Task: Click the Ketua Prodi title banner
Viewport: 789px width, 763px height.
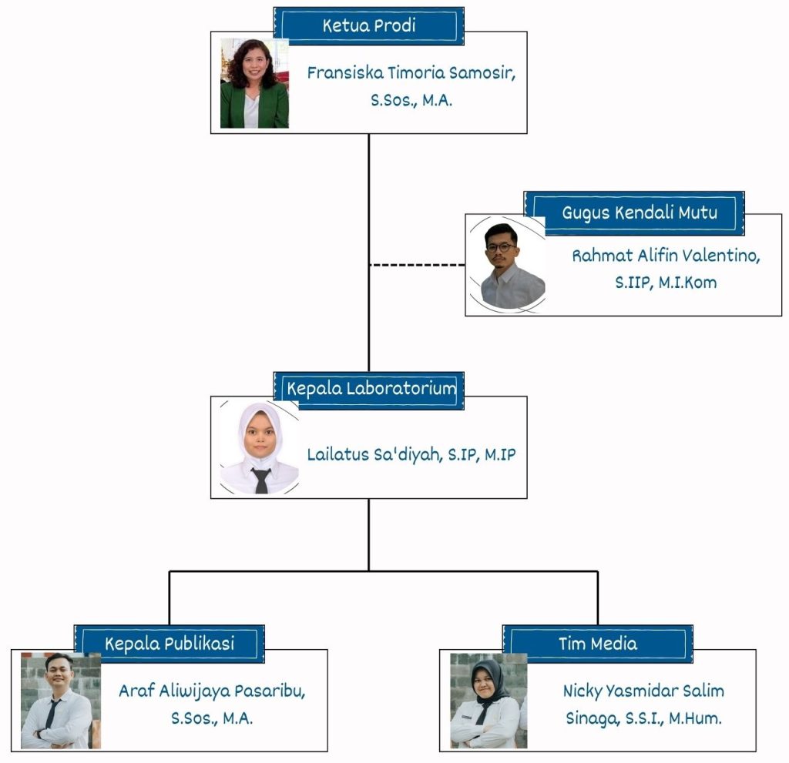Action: click(368, 26)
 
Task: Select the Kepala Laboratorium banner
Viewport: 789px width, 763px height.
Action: click(368, 389)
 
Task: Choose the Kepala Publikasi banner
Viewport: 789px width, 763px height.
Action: click(170, 643)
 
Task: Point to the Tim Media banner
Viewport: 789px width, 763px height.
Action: click(598, 643)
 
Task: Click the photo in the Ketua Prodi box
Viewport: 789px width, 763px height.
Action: click(254, 83)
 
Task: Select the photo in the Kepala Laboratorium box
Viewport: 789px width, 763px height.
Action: click(258, 447)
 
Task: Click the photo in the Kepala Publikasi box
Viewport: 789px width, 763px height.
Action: click(60, 701)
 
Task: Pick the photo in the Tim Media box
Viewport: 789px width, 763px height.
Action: click(489, 701)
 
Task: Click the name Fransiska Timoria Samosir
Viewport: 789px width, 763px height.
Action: click(411, 74)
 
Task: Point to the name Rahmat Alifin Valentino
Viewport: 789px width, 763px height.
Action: click(665, 256)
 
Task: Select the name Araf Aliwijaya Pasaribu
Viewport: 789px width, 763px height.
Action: click(212, 691)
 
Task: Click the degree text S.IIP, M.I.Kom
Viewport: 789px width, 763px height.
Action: click(665, 283)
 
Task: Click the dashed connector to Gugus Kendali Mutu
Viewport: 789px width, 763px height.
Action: click(417, 264)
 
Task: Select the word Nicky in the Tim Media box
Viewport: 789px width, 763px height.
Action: click(582, 691)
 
